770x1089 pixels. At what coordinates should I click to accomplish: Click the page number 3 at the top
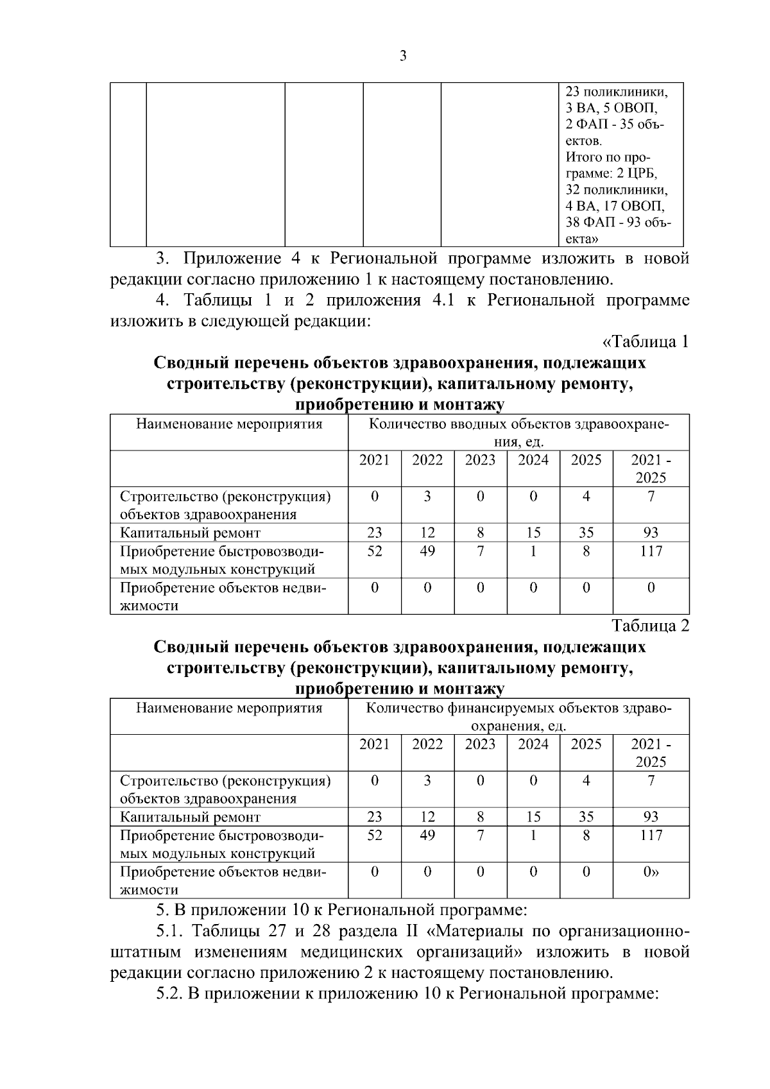pyautogui.click(x=402, y=56)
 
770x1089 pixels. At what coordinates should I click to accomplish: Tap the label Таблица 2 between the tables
pyautogui.click(x=650, y=626)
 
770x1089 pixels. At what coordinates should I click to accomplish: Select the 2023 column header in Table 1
pyautogui.click(x=480, y=460)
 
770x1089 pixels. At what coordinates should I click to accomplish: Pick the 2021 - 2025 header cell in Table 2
pyautogui.click(x=651, y=753)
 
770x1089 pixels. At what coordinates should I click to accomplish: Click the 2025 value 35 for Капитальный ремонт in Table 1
pyautogui.click(x=586, y=533)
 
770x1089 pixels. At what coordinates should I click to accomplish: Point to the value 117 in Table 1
pyautogui.click(x=651, y=551)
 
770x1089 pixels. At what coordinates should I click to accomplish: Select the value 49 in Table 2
pyautogui.click(x=427, y=835)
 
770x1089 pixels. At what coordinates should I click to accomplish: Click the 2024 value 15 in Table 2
pyautogui.click(x=533, y=817)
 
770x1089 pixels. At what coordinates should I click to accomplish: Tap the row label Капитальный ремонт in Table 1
pyautogui.click(x=191, y=533)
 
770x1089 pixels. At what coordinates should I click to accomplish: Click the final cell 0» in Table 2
pyautogui.click(x=651, y=871)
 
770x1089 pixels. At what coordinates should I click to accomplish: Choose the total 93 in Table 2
pyautogui.click(x=651, y=817)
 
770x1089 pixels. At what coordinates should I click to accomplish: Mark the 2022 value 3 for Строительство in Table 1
pyautogui.click(x=427, y=496)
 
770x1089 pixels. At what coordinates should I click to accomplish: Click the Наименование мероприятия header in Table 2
pyautogui.click(x=229, y=708)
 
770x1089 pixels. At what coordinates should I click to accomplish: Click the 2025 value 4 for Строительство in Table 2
pyautogui.click(x=586, y=780)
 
